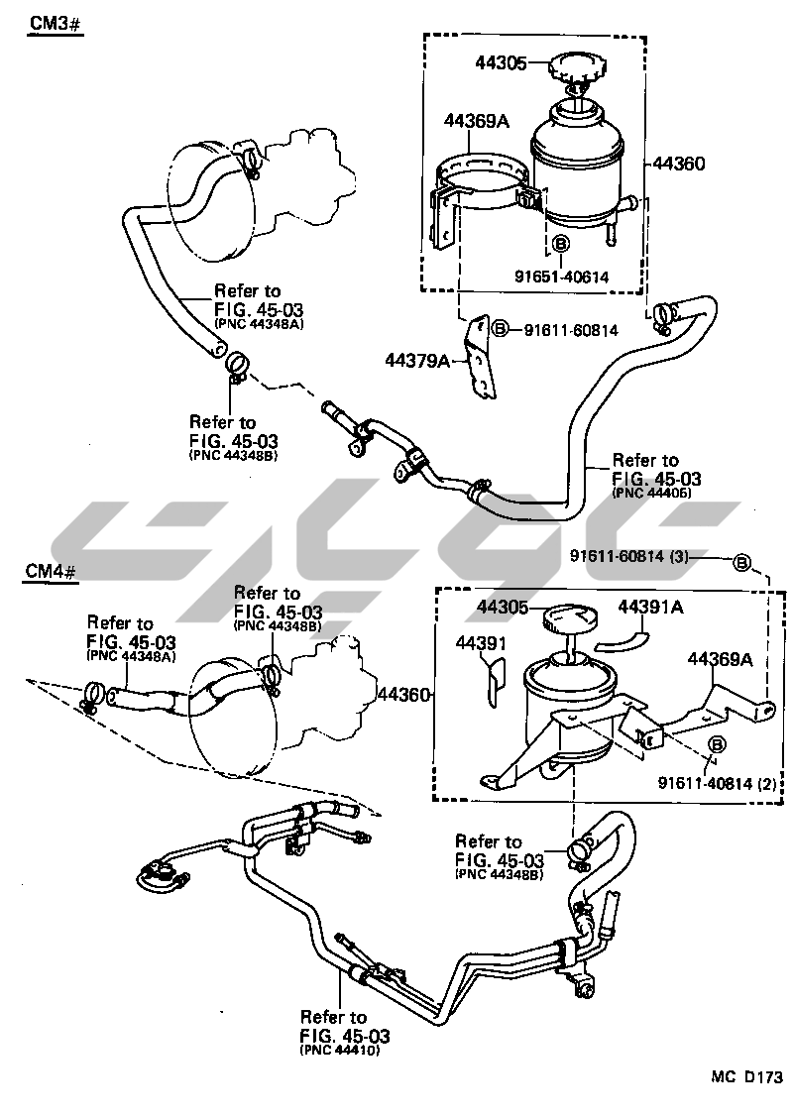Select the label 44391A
pyautogui.click(x=651, y=607)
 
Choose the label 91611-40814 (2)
pyautogui.click(x=715, y=782)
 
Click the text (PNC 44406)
pyautogui.click(x=651, y=492)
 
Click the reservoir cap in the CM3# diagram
pyautogui.click(x=574, y=71)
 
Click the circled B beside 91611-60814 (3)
pyautogui.click(x=740, y=563)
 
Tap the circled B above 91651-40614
pyautogui.click(x=560, y=243)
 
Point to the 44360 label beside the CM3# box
pyautogui.click(x=679, y=165)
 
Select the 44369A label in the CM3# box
pyautogui.click(x=477, y=122)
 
